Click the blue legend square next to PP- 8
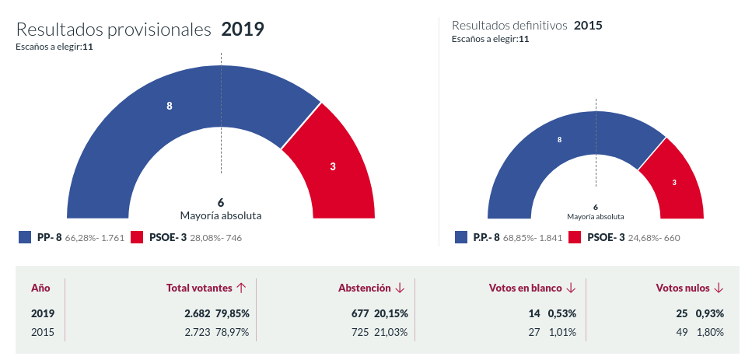click(x=24, y=237)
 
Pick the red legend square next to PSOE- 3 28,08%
click(x=137, y=237)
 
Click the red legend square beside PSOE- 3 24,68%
click(x=575, y=237)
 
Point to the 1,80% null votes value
click(x=708, y=332)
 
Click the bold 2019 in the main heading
click(x=243, y=30)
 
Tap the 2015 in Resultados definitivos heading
click(x=588, y=25)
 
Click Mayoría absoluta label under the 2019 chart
click(x=221, y=215)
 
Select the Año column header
click(x=41, y=288)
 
